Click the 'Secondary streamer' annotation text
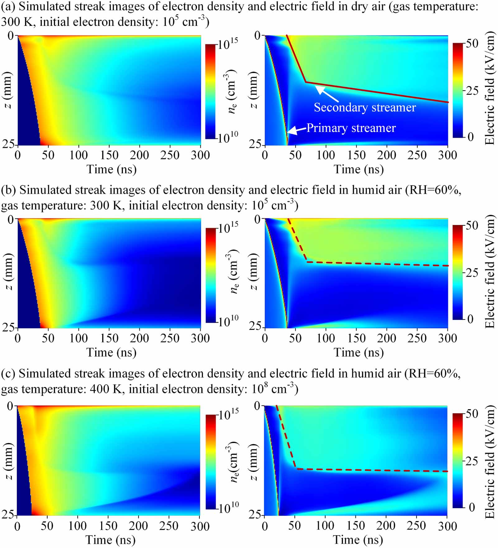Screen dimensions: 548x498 (x=364, y=107)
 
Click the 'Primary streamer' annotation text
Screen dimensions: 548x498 (x=351, y=128)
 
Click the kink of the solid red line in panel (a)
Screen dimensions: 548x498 (x=306, y=82)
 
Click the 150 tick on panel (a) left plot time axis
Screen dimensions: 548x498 (x=109, y=155)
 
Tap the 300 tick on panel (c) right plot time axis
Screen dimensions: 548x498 (x=447, y=526)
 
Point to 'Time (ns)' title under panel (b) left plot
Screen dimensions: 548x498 (x=111, y=352)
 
